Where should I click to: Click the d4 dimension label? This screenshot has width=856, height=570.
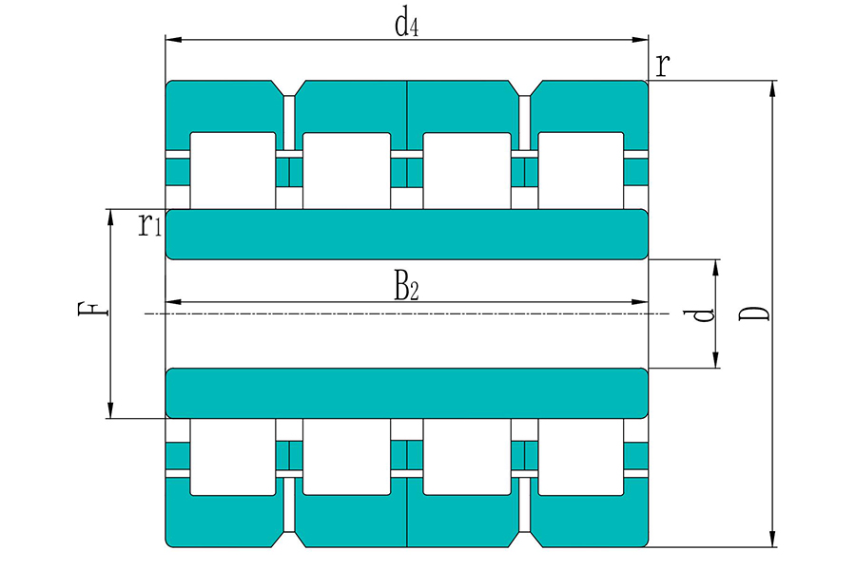[x=407, y=25]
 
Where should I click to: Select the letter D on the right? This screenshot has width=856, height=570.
[x=754, y=313]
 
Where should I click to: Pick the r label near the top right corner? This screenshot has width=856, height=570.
[x=662, y=66]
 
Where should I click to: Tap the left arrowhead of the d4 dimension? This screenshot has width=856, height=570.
[x=173, y=40]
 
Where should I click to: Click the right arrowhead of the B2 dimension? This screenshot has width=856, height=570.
[x=640, y=302]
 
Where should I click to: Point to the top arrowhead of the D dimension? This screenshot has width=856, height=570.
[x=772, y=89]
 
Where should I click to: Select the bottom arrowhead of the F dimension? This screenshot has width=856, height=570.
[x=111, y=410]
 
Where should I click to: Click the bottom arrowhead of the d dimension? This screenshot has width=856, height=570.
[x=716, y=360]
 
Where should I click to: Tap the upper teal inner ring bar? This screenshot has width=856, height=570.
[x=407, y=234]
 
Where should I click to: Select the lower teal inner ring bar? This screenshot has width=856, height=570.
[x=407, y=393]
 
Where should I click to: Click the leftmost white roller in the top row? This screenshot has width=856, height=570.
[x=233, y=170]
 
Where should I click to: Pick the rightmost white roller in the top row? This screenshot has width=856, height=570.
[x=581, y=170]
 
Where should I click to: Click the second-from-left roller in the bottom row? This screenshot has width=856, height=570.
[x=346, y=457]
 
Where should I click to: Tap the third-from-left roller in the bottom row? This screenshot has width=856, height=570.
[x=467, y=457]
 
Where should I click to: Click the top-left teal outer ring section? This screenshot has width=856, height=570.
[x=224, y=106]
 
